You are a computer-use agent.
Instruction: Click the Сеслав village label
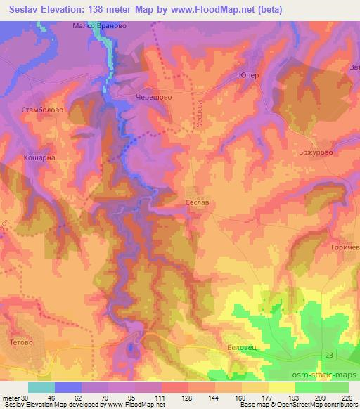click(197, 201)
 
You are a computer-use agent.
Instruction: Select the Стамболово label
click(41, 110)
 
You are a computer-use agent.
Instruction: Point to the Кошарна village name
click(39, 159)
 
